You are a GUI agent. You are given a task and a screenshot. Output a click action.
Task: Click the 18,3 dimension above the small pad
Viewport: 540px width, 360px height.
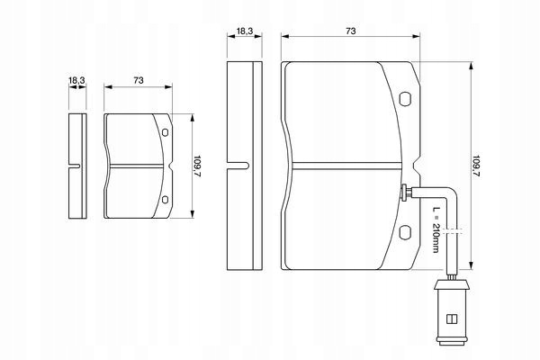pos(76,81)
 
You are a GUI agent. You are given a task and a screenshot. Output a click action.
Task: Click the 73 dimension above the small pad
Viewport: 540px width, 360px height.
pos(139,80)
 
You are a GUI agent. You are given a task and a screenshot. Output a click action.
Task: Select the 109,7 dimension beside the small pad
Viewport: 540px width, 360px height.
pos(197,166)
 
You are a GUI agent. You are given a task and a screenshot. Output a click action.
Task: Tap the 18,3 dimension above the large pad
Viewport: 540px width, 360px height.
pos(245,31)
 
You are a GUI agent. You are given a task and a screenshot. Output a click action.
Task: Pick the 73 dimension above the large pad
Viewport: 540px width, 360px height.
pos(351,31)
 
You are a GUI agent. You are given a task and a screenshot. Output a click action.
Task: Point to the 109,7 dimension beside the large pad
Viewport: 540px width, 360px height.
pos(476,166)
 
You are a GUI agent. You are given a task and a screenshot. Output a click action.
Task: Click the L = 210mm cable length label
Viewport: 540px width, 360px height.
pos(436,229)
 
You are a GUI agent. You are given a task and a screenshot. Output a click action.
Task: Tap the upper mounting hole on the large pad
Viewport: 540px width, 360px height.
pos(405,98)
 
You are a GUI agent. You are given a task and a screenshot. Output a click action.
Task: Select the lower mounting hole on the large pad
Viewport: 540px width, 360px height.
pos(405,232)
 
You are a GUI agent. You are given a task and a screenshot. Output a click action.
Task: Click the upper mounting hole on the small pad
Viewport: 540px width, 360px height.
pos(165,132)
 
